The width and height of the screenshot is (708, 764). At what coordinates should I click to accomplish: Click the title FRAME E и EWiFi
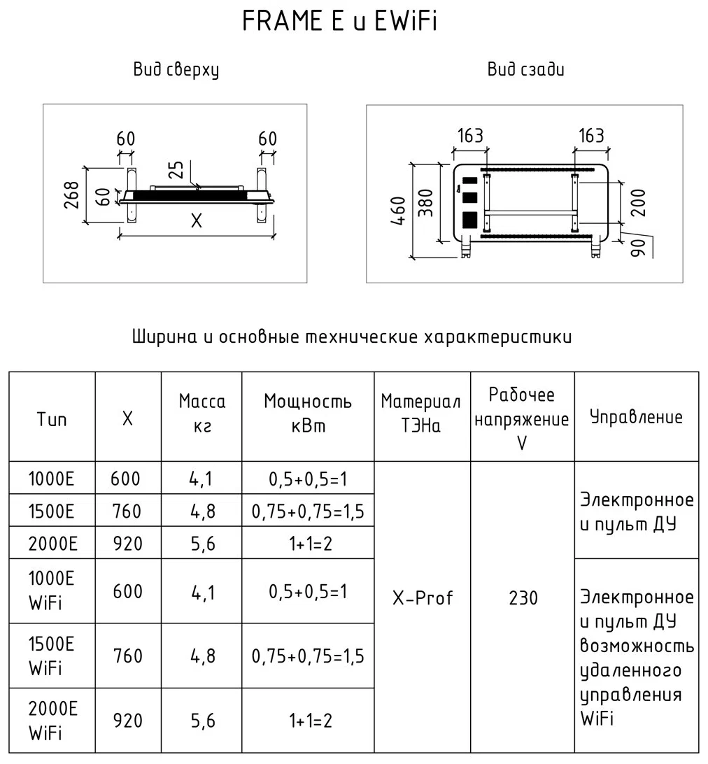coord(339,22)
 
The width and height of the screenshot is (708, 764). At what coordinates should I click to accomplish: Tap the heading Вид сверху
coord(176,70)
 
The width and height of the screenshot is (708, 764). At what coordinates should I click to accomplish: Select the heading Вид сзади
coord(525,70)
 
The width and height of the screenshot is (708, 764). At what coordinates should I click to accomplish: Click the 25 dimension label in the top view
coord(177,171)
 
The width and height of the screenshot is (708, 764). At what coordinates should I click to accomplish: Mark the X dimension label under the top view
coord(196,221)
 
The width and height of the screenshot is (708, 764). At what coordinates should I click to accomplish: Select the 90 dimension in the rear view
coord(637,246)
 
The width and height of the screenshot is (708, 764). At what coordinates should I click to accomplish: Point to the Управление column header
coord(636,418)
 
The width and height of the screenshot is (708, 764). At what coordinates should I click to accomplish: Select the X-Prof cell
coord(422,598)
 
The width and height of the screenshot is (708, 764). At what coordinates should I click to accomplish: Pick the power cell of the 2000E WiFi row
coord(308,721)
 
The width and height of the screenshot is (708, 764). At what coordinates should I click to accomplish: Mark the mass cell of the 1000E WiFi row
coord(201,592)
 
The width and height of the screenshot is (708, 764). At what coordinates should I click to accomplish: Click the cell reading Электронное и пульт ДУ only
coord(636,511)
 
